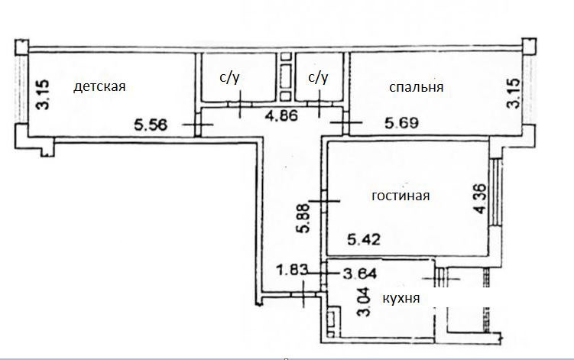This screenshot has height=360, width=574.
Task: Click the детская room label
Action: pos(99,86)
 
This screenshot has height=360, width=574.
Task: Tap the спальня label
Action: pos(416,88)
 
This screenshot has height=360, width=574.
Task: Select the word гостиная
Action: pos(401,196)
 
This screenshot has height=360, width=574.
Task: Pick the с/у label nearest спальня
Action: pos(318,77)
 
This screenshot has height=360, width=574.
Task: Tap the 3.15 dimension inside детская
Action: pos(44,96)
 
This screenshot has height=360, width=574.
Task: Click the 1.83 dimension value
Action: pos(291,269)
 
